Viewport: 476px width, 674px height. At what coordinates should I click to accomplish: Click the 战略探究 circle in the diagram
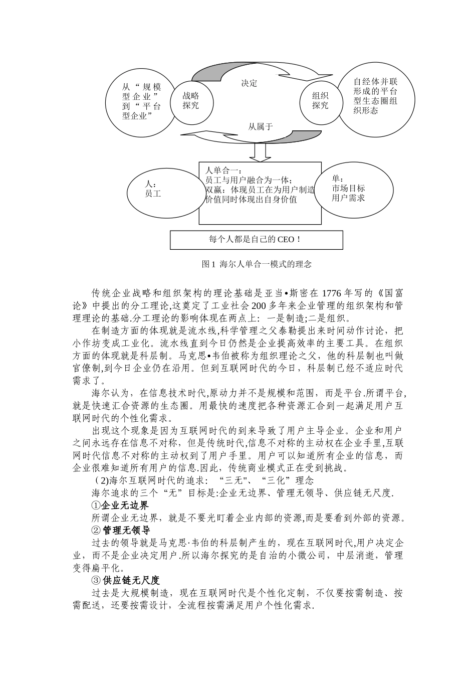pyautogui.click(x=191, y=100)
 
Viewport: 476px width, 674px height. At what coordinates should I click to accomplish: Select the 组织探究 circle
pyautogui.click(x=320, y=100)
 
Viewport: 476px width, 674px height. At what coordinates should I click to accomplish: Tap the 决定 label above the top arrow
pyautogui.click(x=249, y=83)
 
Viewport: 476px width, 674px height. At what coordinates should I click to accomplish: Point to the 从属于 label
pyautogui.click(x=261, y=126)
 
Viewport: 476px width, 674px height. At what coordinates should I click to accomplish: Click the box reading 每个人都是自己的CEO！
pyautogui.click(x=256, y=240)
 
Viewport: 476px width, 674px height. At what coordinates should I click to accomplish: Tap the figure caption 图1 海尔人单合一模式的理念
pyautogui.click(x=256, y=264)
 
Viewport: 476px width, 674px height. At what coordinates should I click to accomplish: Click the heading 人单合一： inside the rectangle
pyautogui.click(x=220, y=171)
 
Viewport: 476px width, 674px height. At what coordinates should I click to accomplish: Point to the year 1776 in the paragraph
pyautogui.click(x=334, y=294)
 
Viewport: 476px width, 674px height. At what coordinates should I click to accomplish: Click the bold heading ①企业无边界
pyautogui.click(x=120, y=504)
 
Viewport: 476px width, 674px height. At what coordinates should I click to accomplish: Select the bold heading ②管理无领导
pyautogui.click(x=120, y=530)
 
